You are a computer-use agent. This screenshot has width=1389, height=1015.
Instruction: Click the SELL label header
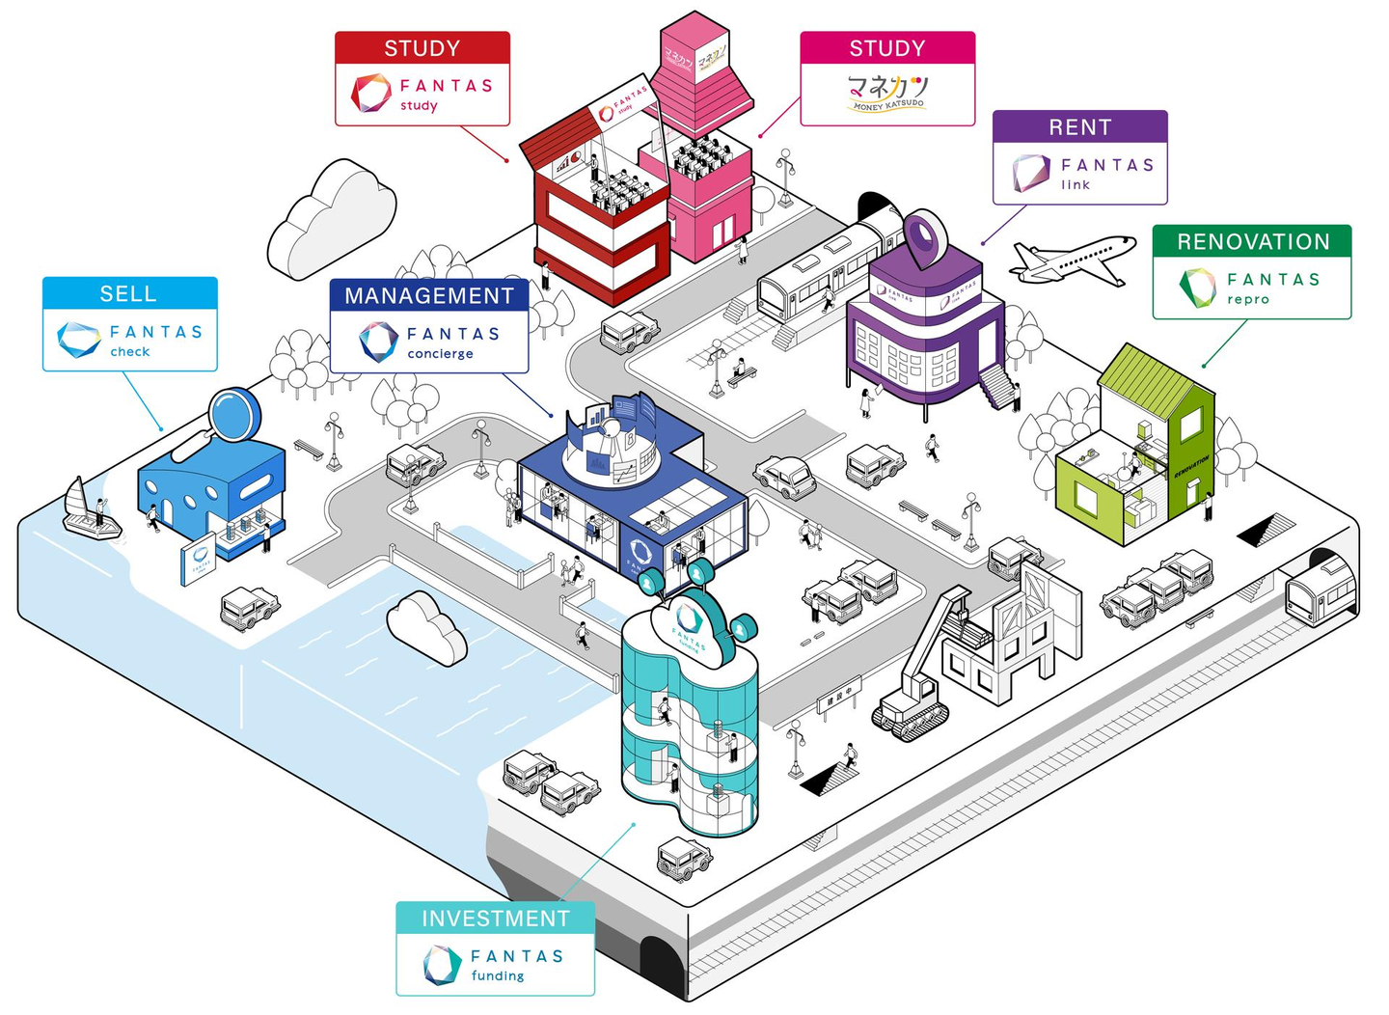129,293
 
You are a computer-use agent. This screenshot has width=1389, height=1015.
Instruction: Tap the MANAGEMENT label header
429,295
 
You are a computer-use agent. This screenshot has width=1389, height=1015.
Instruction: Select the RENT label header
1079,127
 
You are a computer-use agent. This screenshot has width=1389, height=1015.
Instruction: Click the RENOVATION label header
1252,241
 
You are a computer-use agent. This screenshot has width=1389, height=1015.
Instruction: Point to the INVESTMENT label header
495,918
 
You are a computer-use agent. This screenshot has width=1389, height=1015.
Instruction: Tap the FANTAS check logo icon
78,340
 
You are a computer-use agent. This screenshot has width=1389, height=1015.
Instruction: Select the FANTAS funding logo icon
442,965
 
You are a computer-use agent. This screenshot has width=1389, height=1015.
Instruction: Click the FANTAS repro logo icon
1198,288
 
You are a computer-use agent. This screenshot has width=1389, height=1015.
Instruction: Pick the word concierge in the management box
440,354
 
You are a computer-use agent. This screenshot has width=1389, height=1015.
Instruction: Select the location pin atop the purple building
925,236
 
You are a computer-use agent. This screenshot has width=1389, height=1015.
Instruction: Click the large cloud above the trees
330,220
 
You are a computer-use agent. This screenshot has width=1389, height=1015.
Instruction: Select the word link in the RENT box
1076,185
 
